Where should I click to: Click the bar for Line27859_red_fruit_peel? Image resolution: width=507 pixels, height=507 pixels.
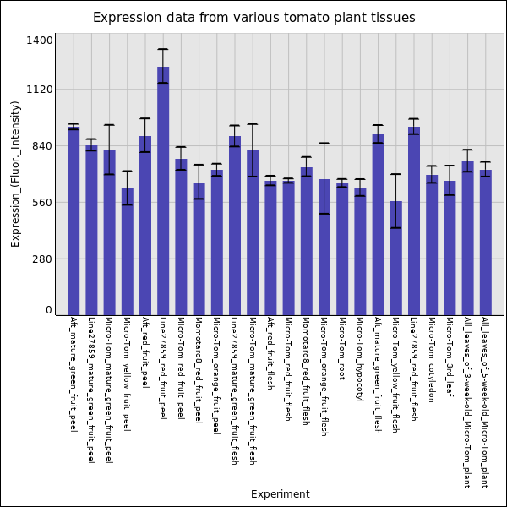162,191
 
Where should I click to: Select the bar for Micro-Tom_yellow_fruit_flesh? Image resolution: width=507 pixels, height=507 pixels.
395,258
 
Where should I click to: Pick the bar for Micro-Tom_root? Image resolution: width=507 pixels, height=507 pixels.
342,249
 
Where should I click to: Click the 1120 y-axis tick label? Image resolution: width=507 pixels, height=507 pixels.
41,90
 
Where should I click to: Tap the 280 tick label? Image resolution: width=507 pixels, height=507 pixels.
43,259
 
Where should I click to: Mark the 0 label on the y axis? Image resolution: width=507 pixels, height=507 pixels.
49,310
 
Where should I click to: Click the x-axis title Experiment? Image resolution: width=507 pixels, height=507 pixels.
280,494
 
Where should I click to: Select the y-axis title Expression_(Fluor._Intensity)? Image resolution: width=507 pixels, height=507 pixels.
15,173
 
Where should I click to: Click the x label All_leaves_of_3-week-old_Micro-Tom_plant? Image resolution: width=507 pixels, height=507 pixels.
466,402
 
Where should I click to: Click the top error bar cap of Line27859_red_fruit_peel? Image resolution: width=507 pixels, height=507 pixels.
162,49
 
